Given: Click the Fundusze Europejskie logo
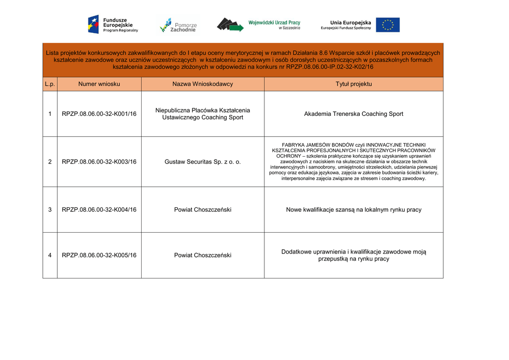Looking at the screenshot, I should (x=113, y=24).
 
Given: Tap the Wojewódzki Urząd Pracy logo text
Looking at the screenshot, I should (x=274, y=23).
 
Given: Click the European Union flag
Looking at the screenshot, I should (x=387, y=25).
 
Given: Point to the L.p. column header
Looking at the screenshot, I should (x=50, y=84).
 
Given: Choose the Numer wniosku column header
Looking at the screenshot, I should (x=99, y=84).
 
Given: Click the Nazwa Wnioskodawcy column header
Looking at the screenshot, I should (x=202, y=84).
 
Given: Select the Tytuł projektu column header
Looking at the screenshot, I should (x=353, y=84).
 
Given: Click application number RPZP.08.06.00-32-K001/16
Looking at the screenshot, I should (x=99, y=114).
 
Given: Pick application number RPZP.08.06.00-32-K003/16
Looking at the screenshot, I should (x=99, y=162).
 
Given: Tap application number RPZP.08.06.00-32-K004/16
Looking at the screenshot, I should (x=99, y=210).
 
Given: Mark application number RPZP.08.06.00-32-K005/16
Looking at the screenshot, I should (x=99, y=256).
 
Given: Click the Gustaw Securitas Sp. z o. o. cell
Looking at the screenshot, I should (x=202, y=162).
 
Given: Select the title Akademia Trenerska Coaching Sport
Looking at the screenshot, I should (x=353, y=114).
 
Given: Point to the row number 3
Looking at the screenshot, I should (x=50, y=210).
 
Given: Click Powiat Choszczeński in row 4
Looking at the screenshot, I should (x=202, y=256).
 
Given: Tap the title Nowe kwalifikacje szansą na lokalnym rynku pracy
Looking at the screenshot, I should (x=353, y=210).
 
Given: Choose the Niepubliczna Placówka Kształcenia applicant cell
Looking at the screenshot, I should (x=202, y=114).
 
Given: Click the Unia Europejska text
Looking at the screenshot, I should (x=350, y=23).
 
